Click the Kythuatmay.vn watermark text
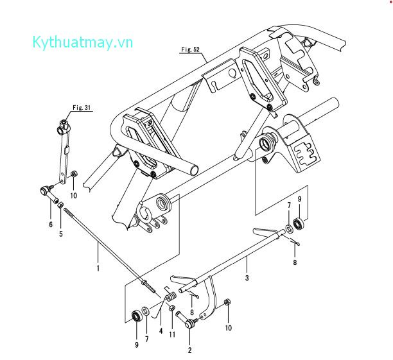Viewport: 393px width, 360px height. pyautogui.click(x=82, y=43)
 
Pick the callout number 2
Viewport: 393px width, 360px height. pyautogui.click(x=189, y=350)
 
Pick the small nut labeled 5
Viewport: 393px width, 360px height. pyautogui.click(x=60, y=205)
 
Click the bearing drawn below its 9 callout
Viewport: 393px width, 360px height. pyautogui.click(x=299, y=224)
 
